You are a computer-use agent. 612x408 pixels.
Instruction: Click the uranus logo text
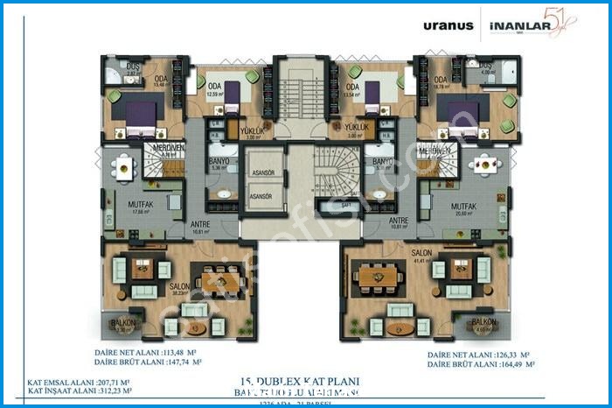tap(448, 25)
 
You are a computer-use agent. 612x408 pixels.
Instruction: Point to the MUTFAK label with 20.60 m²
tap(462, 207)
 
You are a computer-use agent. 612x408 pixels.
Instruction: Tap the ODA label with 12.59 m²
tap(211, 86)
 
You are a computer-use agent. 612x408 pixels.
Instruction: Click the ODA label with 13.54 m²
tap(353, 86)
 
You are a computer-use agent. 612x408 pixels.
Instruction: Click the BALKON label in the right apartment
tap(483, 322)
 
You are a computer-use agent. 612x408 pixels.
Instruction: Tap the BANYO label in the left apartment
tap(219, 161)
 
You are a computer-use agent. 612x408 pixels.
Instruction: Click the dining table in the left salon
tap(214, 280)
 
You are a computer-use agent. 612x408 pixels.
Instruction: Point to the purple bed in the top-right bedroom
tap(464, 114)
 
